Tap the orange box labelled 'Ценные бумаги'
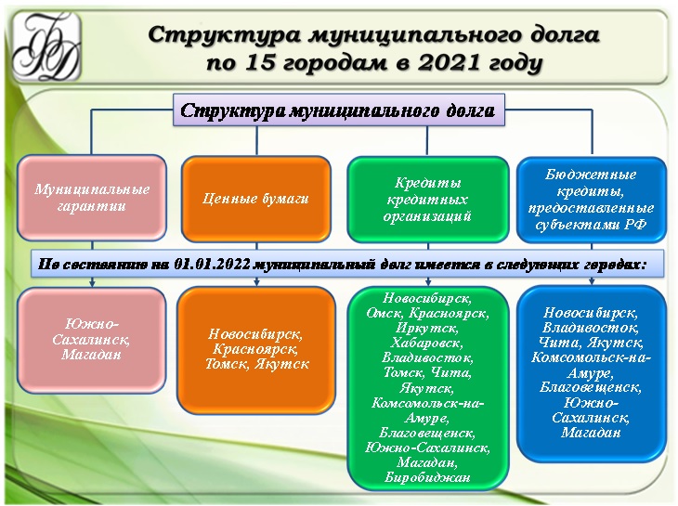(255, 198)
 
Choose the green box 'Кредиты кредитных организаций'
(427, 198)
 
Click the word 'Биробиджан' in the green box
(426, 477)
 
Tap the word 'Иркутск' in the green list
(426, 328)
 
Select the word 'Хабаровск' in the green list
(426, 343)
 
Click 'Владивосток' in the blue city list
(591, 327)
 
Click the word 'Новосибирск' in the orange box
(255, 333)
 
